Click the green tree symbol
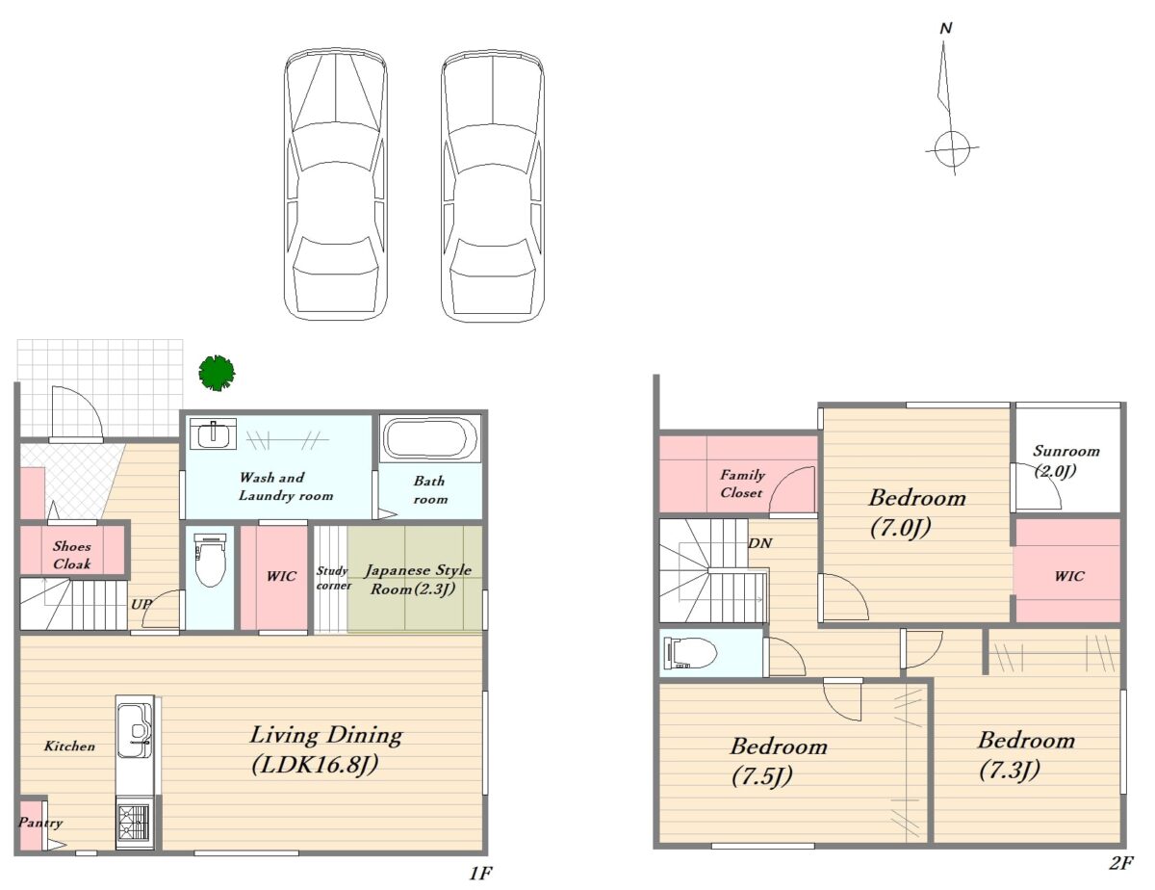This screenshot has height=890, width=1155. [217, 373]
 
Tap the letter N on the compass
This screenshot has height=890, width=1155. [945, 29]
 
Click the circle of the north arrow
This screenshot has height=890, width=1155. [948, 148]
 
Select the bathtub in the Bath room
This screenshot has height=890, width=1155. [430, 439]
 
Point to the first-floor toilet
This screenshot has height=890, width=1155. [211, 560]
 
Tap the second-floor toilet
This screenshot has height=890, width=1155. [689, 652]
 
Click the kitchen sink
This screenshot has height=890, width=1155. [134, 730]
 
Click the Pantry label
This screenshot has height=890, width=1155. [40, 823]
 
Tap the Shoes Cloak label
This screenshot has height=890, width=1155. [72, 555]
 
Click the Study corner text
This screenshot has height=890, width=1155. [333, 578]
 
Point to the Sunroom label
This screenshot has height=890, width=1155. [1065, 451]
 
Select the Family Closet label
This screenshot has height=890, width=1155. [742, 484]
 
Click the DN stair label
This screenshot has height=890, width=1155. [759, 543]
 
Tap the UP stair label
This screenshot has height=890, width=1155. [141, 604]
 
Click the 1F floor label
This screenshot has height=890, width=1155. [480, 873]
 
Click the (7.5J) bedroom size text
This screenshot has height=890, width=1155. [761, 776]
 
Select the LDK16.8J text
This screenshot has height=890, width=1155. [315, 765]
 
